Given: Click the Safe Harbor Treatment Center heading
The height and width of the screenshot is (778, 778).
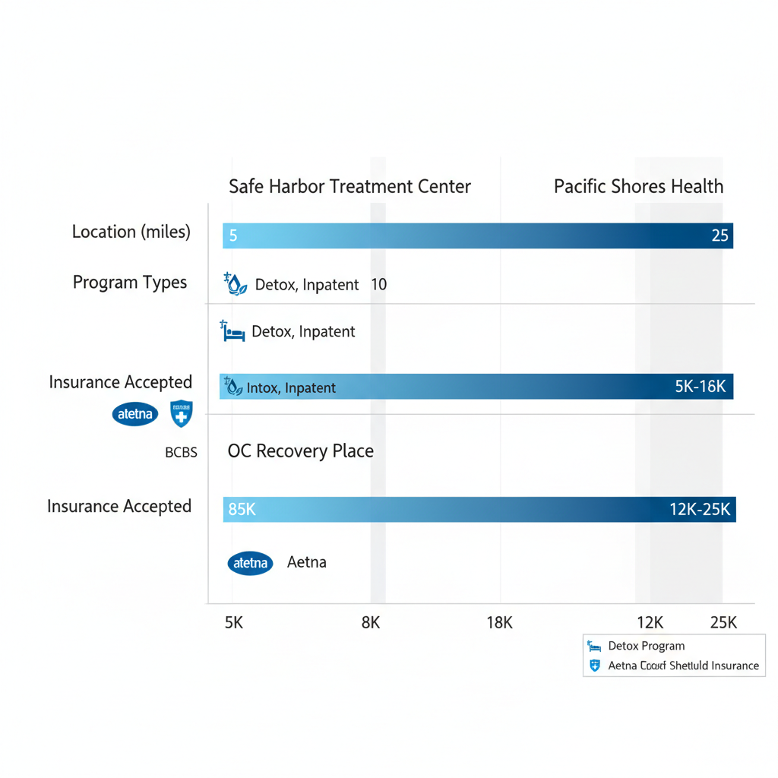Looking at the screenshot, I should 349,186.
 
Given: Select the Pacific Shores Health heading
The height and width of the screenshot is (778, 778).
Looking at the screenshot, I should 638,186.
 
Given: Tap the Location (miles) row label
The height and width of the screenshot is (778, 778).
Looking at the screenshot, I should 131,232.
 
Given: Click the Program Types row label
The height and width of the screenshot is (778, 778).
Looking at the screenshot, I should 130,283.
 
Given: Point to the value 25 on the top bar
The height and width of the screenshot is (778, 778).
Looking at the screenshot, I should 719,236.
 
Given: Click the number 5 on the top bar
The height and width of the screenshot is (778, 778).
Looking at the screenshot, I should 233,236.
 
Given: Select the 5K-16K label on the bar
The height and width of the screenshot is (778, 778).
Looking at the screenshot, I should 700,387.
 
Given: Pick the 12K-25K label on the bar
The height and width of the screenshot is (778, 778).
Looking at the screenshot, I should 700,510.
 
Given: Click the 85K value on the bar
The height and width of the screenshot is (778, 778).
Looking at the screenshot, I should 242,510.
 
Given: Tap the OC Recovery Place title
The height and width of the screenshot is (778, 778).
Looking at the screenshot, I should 301,451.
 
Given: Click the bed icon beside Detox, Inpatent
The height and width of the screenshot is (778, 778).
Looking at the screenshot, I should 232,331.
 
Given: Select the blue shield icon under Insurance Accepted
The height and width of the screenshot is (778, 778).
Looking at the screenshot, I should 181,414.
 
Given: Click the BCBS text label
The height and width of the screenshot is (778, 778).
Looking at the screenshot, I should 181,453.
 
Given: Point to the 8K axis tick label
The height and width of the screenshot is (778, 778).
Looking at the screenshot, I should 370,623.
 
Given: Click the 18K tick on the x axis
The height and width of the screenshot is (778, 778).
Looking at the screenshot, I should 499,623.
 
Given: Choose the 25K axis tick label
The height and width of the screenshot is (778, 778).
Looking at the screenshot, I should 723,623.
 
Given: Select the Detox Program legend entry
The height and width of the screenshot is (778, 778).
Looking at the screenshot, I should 646,647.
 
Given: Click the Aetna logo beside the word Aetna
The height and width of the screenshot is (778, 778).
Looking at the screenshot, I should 250,563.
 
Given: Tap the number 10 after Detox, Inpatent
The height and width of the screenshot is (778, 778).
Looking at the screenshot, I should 378,285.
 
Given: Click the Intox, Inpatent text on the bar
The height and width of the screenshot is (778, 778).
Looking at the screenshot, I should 291,388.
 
